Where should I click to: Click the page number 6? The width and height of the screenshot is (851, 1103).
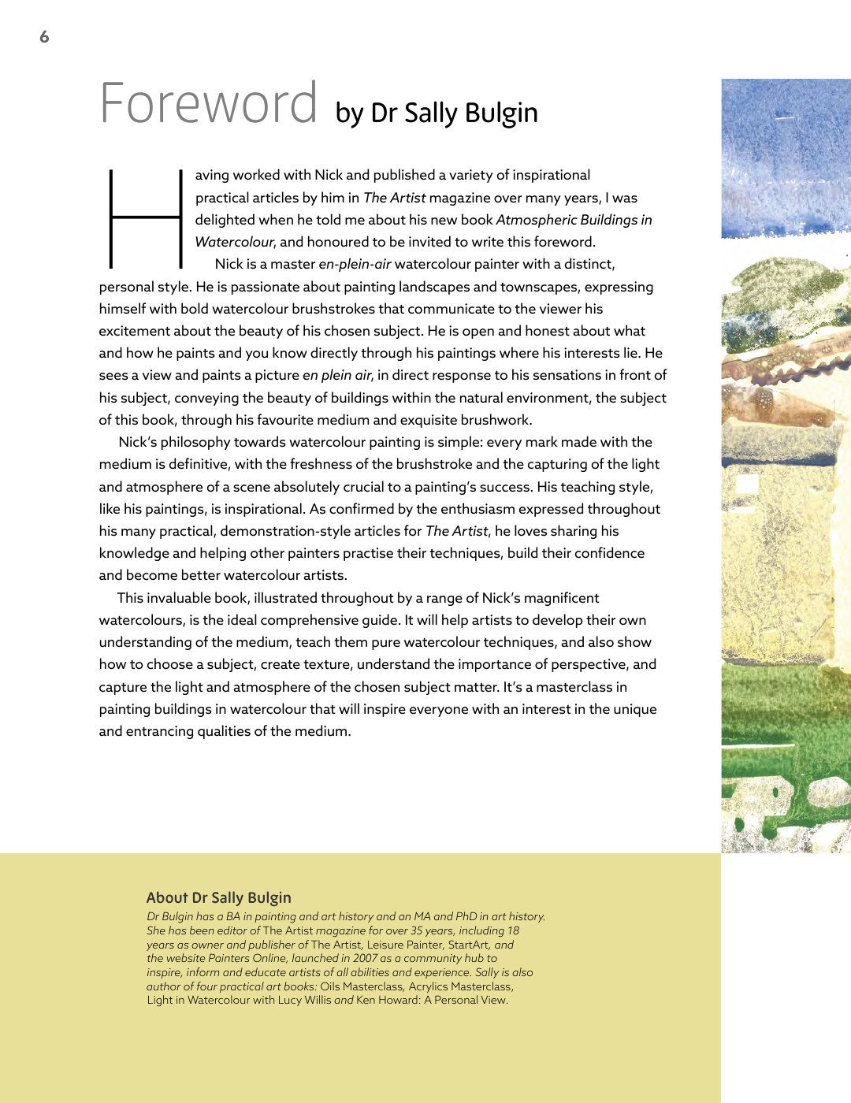[x=44, y=37]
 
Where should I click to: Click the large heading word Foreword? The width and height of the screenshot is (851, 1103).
[x=209, y=104]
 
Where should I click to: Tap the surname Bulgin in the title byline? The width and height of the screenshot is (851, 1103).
[x=501, y=113]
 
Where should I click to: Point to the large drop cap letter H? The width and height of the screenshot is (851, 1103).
[x=146, y=218]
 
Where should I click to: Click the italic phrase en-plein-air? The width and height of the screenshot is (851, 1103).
[x=355, y=264]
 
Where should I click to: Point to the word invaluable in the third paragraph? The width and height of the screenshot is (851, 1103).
[x=180, y=598]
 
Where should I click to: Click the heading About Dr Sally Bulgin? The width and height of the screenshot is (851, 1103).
[x=218, y=897]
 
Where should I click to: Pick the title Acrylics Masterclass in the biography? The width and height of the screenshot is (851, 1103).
[x=460, y=986]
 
